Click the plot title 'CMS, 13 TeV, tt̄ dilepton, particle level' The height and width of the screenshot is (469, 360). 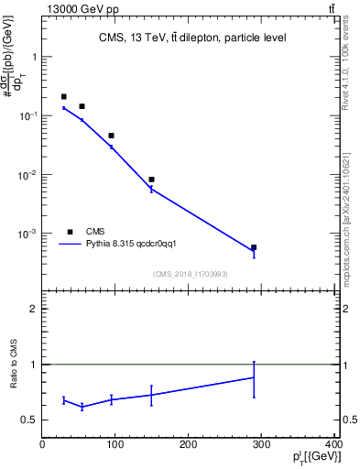point(191,38)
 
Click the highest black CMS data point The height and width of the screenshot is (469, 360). point(63,96)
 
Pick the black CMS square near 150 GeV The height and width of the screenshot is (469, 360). point(151,180)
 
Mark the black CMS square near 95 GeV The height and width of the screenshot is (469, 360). point(111,136)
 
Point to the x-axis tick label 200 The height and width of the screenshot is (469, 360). point(189,445)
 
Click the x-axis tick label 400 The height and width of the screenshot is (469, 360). point(333,445)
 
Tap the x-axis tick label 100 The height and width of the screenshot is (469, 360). point(115,445)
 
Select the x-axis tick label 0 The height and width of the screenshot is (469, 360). point(42,445)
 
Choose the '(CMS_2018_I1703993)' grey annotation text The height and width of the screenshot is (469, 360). point(190,274)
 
